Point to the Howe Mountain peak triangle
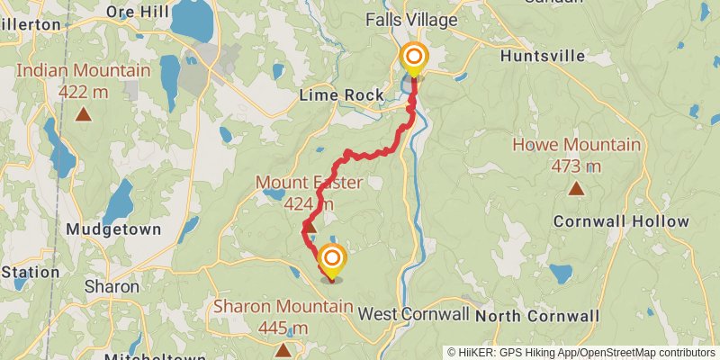click(x=575, y=188)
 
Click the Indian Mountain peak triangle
click(x=84, y=113)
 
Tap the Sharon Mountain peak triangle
click(x=283, y=348)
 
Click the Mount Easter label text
click(x=309, y=184)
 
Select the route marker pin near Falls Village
click(x=414, y=58)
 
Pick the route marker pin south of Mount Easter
click(x=331, y=260)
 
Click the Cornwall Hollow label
click(x=621, y=221)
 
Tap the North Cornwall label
click(x=536, y=316)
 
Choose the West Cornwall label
click(x=413, y=314)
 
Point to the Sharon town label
click(x=112, y=286)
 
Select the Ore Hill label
click(x=138, y=12)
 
